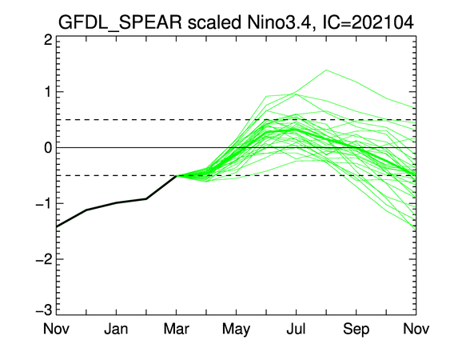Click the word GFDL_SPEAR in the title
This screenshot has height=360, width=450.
(x=120, y=23)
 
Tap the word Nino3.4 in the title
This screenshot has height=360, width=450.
(x=279, y=22)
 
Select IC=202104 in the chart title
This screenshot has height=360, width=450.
(x=368, y=22)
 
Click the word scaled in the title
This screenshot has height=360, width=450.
(x=214, y=22)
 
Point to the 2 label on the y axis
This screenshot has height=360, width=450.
(x=48, y=40)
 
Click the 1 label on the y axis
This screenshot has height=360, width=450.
(x=48, y=92)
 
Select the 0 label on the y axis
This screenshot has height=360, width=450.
(x=48, y=148)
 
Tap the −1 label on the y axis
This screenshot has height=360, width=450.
(x=44, y=203)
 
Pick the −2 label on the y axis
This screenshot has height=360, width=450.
(x=44, y=259)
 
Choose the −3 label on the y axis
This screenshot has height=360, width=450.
(x=44, y=310)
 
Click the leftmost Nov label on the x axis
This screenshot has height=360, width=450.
(x=56, y=328)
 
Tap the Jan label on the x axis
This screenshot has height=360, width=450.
(x=116, y=328)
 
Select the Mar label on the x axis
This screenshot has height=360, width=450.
(x=176, y=328)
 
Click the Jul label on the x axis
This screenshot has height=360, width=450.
(x=296, y=328)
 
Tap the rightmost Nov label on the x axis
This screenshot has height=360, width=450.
(x=416, y=328)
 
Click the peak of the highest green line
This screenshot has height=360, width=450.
(x=326, y=70)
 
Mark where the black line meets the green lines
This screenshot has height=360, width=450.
(x=176, y=175)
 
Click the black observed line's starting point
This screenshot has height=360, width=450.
(x=57, y=226)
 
